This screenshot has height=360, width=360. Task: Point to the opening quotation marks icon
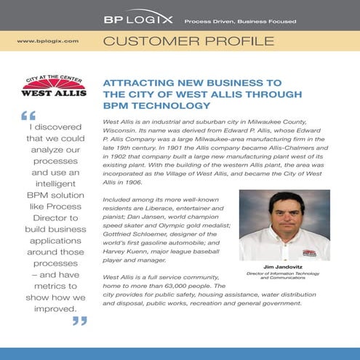click(x=30, y=116)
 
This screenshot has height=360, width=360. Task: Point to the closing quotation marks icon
click(x=79, y=321)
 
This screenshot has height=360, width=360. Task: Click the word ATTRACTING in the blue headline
click(x=138, y=82)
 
